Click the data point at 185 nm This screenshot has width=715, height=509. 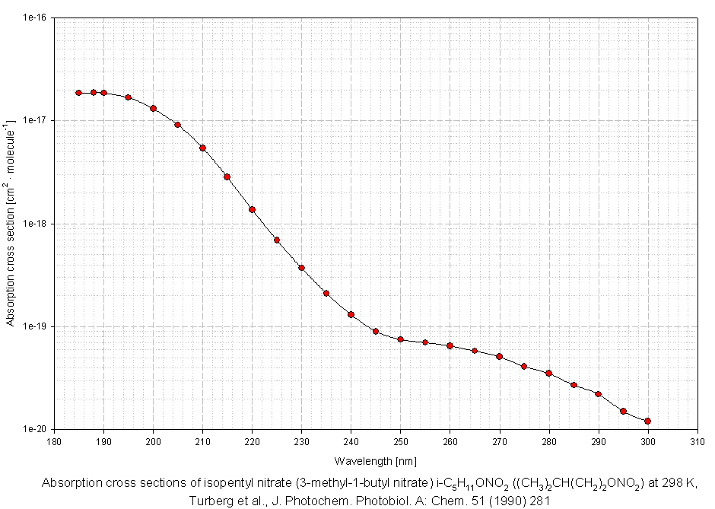(x=78, y=93)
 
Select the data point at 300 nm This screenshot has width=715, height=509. (x=647, y=421)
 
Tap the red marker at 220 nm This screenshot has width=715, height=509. (x=252, y=209)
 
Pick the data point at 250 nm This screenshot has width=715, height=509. (x=400, y=339)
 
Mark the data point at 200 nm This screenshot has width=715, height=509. (x=153, y=108)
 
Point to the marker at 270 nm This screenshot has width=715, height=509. (x=499, y=356)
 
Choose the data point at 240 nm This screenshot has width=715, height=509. (x=351, y=314)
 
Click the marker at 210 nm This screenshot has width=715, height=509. (x=202, y=148)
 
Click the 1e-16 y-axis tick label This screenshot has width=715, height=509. (x=34, y=17)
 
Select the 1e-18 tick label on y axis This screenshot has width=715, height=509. (x=34, y=224)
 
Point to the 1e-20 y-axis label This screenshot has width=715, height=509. (x=34, y=430)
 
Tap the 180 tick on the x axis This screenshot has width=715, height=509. (x=54, y=441)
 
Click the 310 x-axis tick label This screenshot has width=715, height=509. (x=697, y=441)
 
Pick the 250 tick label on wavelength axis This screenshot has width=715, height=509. (x=400, y=441)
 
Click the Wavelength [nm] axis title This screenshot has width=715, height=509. (x=375, y=460)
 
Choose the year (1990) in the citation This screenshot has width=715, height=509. (x=485, y=501)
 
